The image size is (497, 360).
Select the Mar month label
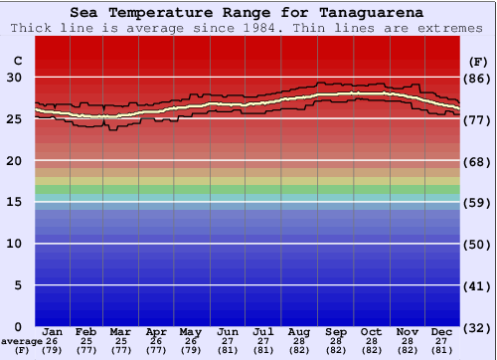pyautogui.click(x=121, y=331)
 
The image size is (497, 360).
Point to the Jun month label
pyautogui.click(x=228, y=331)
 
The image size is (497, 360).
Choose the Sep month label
pyautogui.click(x=336, y=331)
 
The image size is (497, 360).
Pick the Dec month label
pyautogui.click(x=442, y=331)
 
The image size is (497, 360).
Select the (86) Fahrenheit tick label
pyautogui.click(x=477, y=78)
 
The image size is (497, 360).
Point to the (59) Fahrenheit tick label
pyautogui.click(x=477, y=203)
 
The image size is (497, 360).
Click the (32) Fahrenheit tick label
pyautogui.click(x=477, y=327)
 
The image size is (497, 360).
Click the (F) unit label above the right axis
pyautogui.click(x=477, y=61)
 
